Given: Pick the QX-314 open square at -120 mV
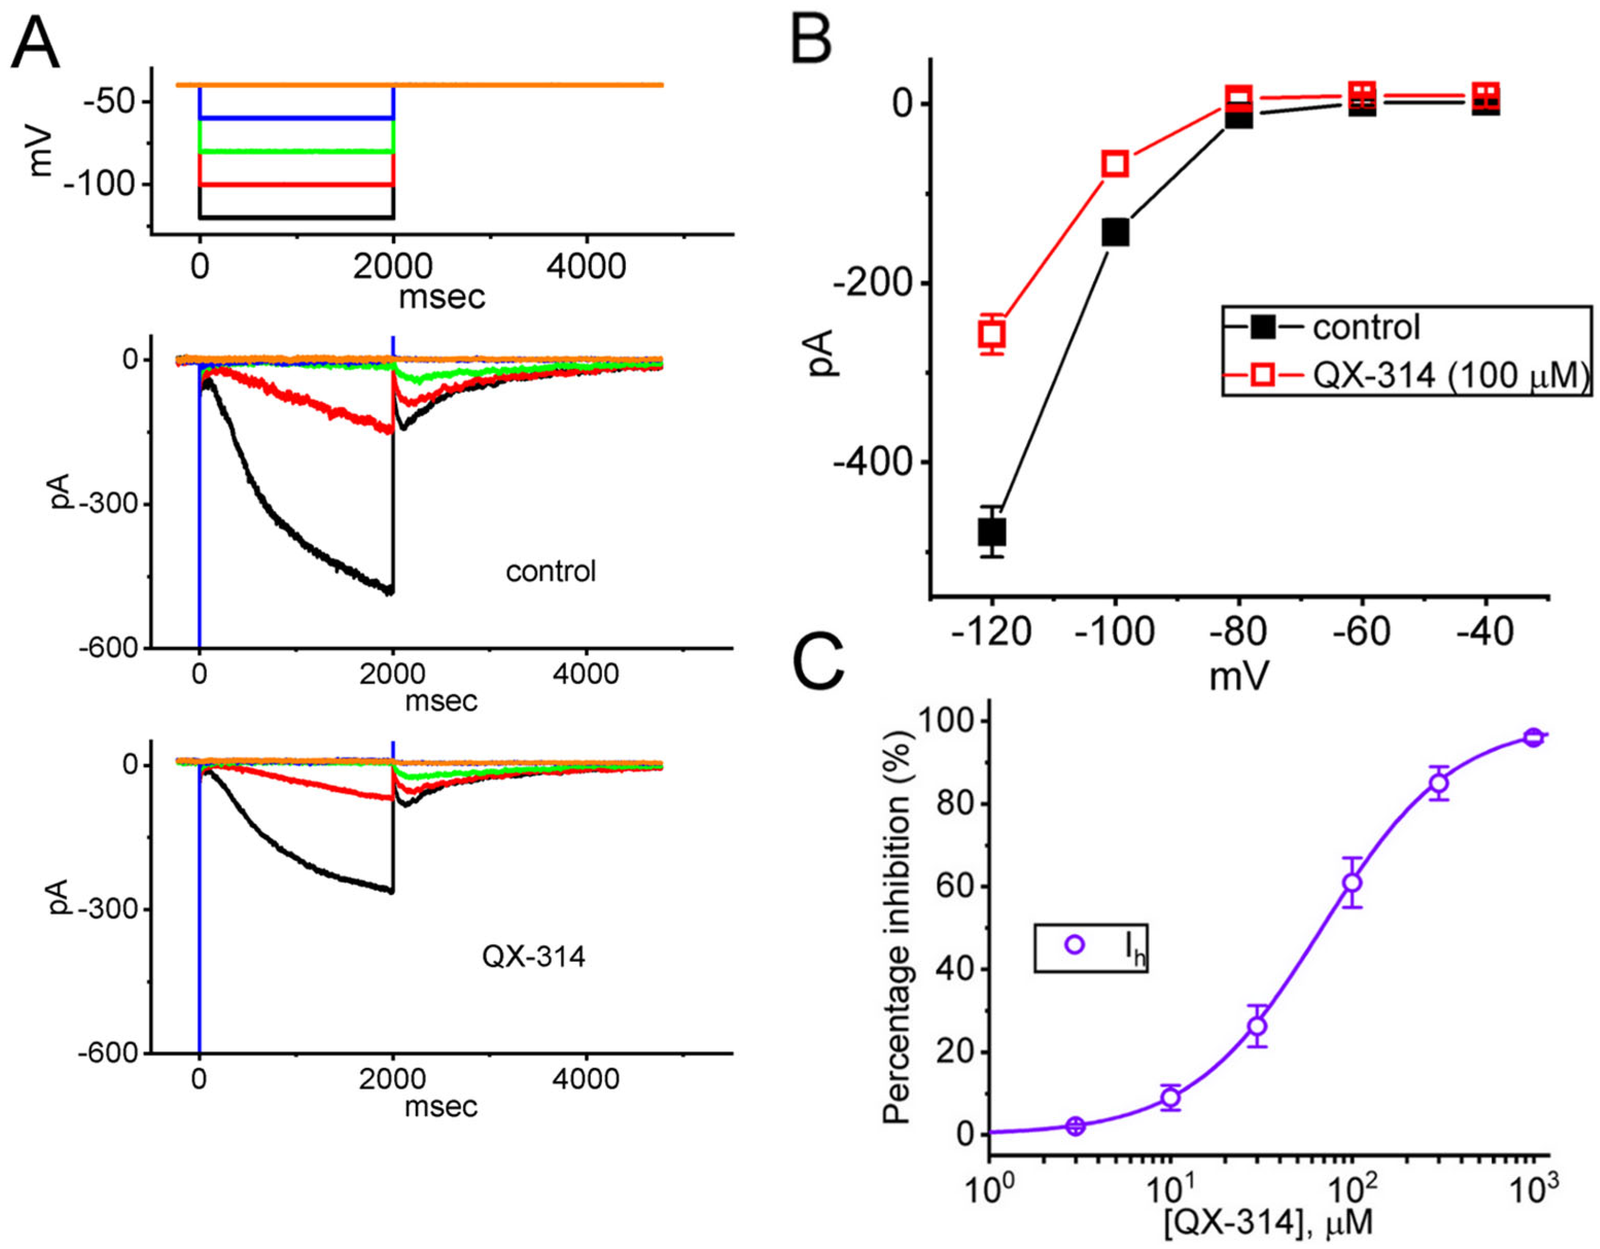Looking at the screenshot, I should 992,334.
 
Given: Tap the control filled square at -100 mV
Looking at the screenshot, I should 1116,233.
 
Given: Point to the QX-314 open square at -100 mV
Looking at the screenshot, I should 1116,163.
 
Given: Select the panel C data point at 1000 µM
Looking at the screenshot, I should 1533,737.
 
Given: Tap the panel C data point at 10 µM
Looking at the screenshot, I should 1171,1097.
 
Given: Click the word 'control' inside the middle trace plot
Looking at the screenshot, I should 551,571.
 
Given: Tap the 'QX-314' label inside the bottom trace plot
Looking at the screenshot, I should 533,957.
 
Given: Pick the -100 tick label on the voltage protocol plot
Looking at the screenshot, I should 101,185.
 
